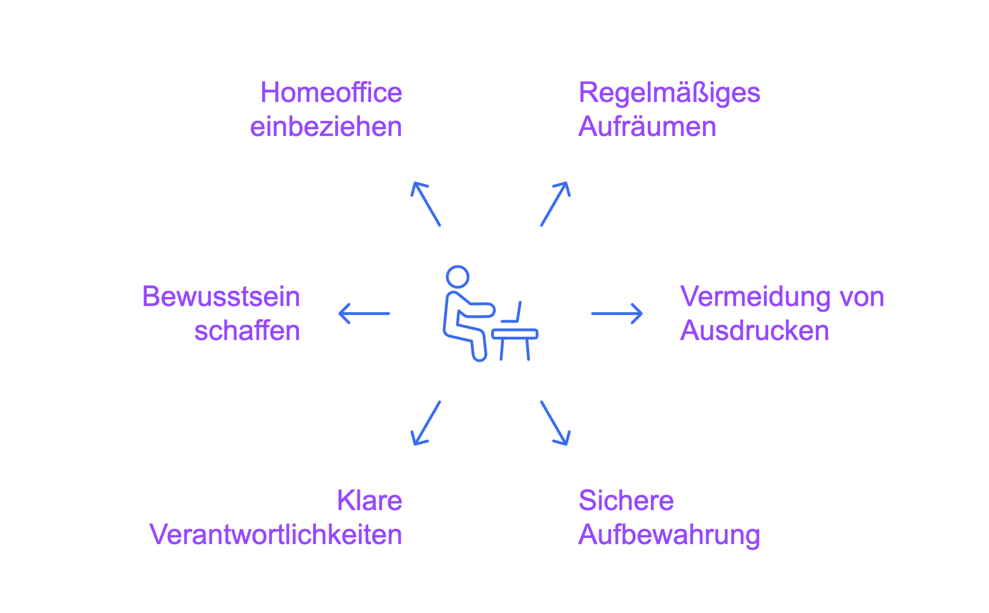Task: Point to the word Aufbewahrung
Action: click(669, 535)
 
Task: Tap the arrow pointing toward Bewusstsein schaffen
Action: click(364, 313)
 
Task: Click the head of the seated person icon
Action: click(457, 277)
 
